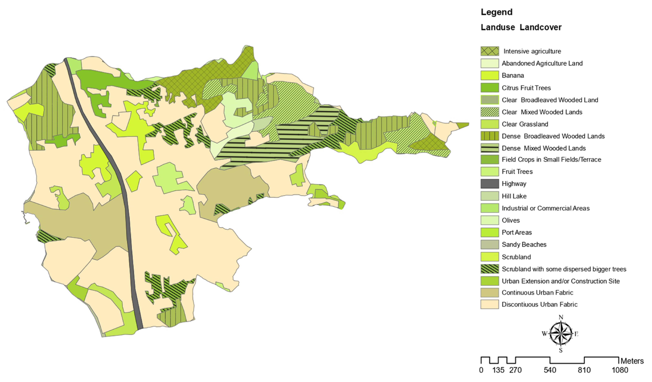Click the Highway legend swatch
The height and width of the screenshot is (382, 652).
[x=490, y=184]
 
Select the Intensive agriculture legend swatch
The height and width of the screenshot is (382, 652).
[x=490, y=51]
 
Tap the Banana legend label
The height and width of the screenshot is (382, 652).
[x=513, y=76]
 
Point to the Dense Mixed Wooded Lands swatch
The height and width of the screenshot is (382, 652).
[x=490, y=148]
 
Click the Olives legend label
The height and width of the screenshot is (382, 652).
[x=511, y=220]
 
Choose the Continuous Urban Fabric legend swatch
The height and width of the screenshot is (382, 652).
[x=490, y=293]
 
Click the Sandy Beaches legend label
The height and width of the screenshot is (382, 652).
[x=524, y=244]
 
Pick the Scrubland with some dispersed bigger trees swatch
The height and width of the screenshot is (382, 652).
[x=490, y=269]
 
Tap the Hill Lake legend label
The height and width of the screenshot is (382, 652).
[x=514, y=196]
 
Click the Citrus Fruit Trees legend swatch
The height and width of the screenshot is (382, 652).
[x=490, y=88]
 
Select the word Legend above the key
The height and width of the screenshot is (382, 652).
[x=497, y=12]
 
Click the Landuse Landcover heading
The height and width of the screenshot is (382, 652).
[x=521, y=28]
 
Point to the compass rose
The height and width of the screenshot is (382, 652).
[x=560, y=334]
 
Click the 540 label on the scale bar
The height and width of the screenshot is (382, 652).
[x=550, y=370]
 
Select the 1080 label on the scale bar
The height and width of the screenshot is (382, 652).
[x=620, y=370]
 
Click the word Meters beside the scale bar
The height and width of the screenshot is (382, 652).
[x=632, y=361]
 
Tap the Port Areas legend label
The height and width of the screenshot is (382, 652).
[x=517, y=232]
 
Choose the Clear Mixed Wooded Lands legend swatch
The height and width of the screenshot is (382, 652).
[x=490, y=112]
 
